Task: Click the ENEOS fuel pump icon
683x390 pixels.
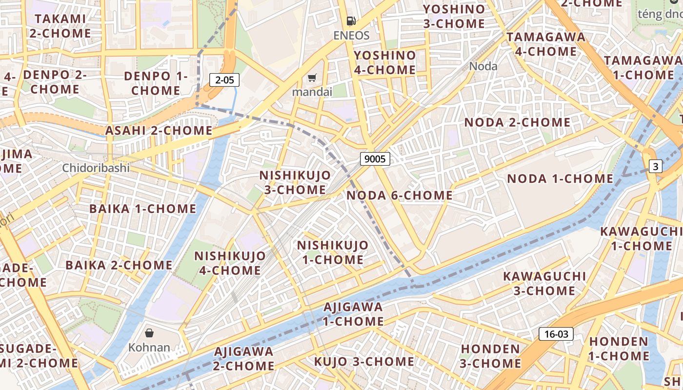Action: pyautogui.click(x=351, y=21)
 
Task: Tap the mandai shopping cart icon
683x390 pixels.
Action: pyautogui.click(x=312, y=78)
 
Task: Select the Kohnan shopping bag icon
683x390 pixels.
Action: pyautogui.click(x=149, y=333)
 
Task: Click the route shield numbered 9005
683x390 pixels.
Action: pyautogui.click(x=375, y=158)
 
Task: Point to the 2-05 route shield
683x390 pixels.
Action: pyautogui.click(x=224, y=80)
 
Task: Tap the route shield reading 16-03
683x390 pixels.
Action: pyautogui.click(x=556, y=334)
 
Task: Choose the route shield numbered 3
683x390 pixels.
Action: pyautogui.click(x=656, y=166)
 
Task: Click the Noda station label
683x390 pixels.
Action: pyautogui.click(x=483, y=66)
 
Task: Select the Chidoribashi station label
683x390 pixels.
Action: pyautogui.click(x=96, y=168)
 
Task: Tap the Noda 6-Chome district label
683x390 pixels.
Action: pyautogui.click(x=400, y=195)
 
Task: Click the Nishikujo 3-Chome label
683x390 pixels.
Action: pyautogui.click(x=295, y=182)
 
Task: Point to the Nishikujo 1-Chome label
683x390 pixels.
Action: pyautogui.click(x=333, y=252)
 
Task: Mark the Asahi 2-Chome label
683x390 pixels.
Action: pyautogui.click(x=159, y=131)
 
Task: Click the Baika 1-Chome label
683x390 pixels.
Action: pyautogui.click(x=142, y=209)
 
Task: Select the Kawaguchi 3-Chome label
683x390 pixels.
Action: pyautogui.click(x=544, y=283)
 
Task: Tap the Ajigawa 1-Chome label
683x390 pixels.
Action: pyautogui.click(x=353, y=314)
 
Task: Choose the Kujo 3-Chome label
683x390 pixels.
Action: pyautogui.click(x=364, y=362)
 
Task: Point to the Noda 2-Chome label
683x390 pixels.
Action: pyautogui.click(x=517, y=122)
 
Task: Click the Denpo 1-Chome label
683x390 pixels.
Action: pyautogui.click(x=156, y=83)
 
